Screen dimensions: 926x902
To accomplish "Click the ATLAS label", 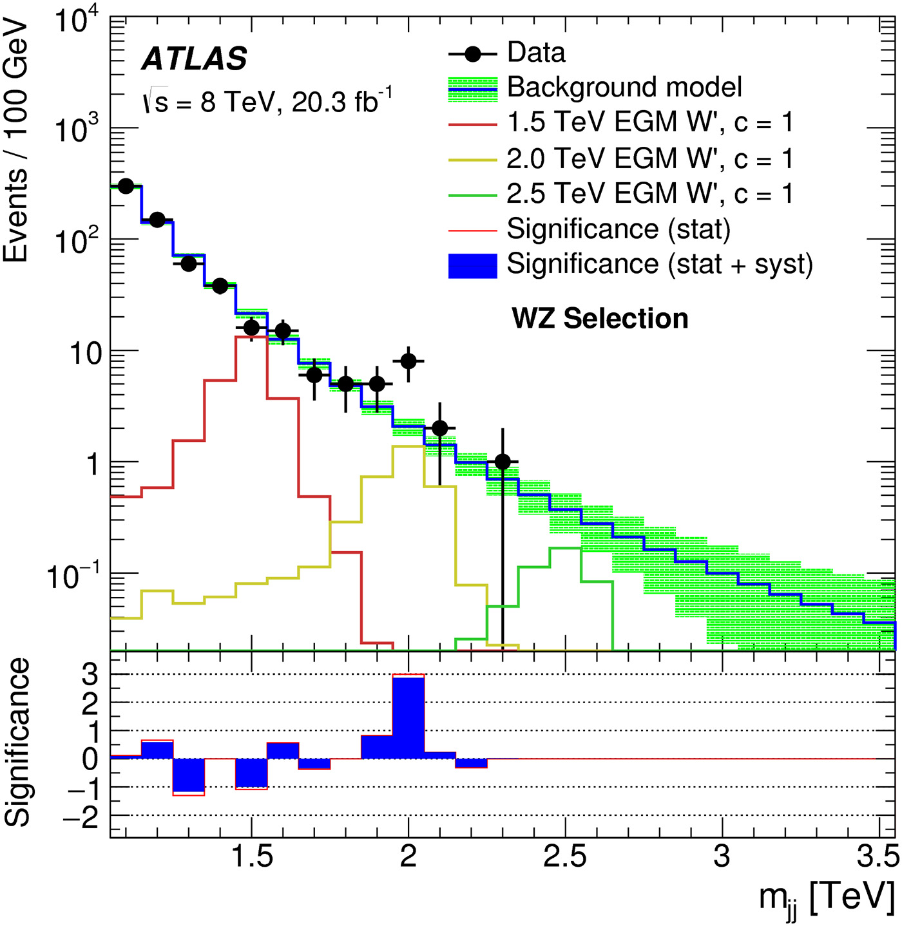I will [x=194, y=59].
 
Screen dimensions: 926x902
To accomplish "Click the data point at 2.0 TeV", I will [x=408, y=361].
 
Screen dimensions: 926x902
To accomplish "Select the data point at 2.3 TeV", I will [x=503, y=462].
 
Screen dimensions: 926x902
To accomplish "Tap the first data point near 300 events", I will [x=126, y=186].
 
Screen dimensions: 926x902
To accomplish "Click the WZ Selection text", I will [x=600, y=319].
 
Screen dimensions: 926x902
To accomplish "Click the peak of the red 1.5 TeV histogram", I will [x=251, y=337].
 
